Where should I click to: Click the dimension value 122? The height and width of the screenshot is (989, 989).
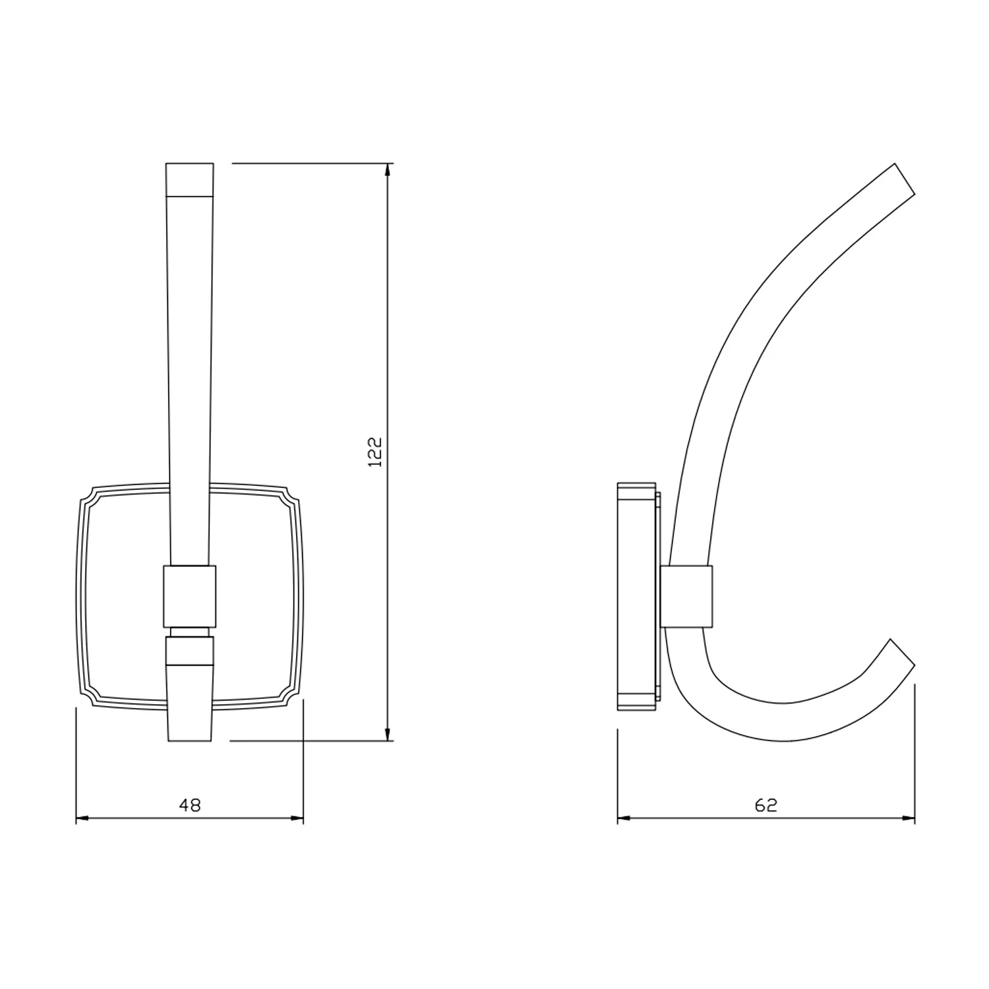coord(375,452)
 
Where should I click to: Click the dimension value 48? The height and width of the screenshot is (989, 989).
coord(190,804)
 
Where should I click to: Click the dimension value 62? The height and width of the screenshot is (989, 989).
coord(766,804)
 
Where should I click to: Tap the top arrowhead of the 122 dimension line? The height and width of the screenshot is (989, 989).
coord(387,170)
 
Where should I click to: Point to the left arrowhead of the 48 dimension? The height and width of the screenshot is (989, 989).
coord(83,819)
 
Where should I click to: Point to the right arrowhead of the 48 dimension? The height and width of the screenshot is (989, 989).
coord(296,819)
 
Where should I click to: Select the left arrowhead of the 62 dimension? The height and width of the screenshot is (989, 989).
coord(624,819)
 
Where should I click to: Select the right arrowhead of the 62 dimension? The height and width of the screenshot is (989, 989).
coord(908,819)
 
